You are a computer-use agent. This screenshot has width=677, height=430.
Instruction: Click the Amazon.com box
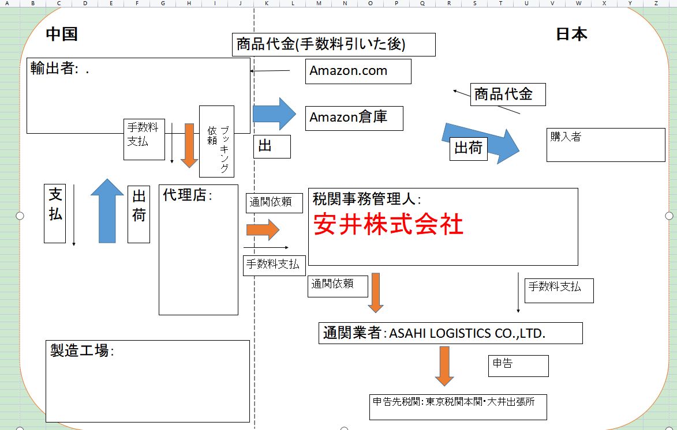[358, 71]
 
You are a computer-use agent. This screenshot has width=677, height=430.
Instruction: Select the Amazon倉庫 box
[354, 118]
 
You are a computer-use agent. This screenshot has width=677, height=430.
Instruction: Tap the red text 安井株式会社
[388, 225]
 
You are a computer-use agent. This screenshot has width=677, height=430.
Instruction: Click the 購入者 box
[605, 145]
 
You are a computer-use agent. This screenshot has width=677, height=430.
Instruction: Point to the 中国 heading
[62, 34]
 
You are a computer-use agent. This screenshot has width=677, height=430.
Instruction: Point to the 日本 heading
[571, 34]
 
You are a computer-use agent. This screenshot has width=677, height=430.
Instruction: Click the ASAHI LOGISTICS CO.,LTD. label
[467, 333]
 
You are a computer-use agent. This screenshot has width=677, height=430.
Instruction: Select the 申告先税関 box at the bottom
[458, 407]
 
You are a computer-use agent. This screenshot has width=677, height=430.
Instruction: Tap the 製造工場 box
[147, 381]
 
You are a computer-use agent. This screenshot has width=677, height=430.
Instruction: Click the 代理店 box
[198, 250]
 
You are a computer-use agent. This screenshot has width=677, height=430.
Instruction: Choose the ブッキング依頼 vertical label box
[216, 141]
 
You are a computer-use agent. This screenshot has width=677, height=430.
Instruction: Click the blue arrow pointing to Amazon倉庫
[274, 114]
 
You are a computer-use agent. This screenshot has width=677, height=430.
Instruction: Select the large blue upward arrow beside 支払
[107, 210]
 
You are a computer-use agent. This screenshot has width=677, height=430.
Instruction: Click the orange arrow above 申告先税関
[444, 365]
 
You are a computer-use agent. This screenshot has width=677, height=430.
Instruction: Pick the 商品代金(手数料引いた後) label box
[334, 44]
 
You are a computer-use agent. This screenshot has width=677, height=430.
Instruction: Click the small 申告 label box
[518, 366]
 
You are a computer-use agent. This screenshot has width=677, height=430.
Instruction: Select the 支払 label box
[55, 213]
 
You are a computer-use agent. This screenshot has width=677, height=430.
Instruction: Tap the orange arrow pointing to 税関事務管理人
[263, 230]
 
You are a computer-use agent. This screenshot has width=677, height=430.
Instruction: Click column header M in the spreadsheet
[319, 3]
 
